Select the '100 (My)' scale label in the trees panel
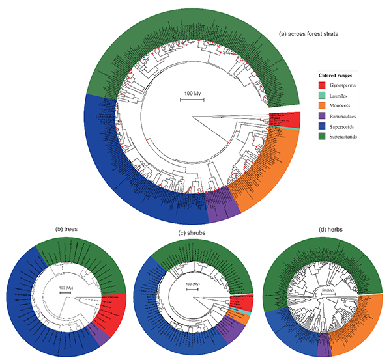click(66, 288)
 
